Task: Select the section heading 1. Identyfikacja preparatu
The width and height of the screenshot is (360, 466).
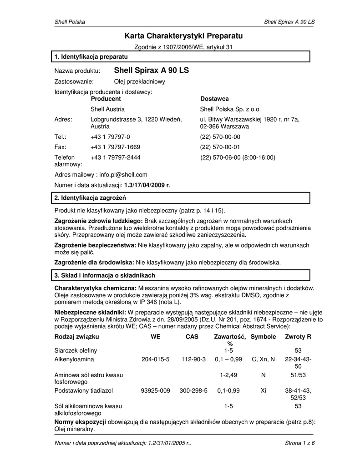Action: pyautogui.click(x=91, y=56)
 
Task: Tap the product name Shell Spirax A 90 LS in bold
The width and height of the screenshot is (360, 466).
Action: pyautogui.click(x=151, y=71)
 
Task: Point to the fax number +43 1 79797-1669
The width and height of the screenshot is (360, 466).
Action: pyautogui.click(x=115, y=147)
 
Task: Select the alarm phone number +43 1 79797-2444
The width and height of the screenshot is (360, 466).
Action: pyautogui.click(x=116, y=157)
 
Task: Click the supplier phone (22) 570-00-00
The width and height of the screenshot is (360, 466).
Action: pyautogui.click(x=220, y=137)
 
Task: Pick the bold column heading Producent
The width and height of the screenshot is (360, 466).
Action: pyautogui.click(x=106, y=99)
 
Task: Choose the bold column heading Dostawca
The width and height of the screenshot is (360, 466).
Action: pyautogui.click(x=214, y=99)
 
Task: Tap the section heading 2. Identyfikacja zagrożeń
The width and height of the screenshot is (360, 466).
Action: pyautogui.click(x=90, y=198)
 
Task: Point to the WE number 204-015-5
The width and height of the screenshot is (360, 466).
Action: pyautogui.click(x=155, y=360)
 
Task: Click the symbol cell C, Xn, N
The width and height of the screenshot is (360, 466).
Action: pyautogui.click(x=263, y=360)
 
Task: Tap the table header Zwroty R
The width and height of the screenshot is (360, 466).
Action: pyautogui.click(x=298, y=337)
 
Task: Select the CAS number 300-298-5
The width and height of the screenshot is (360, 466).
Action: pyautogui.click(x=193, y=390)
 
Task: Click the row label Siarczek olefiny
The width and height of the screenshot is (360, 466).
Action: pyautogui.click(x=76, y=350)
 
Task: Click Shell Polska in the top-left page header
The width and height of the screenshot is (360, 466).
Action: pyautogui.click(x=70, y=22)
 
